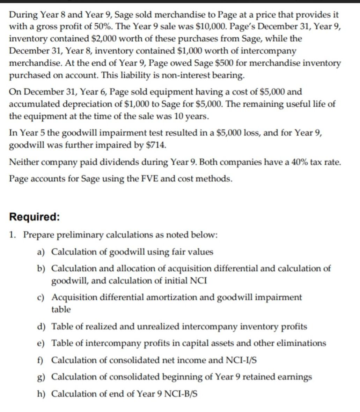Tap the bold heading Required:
pos(34,217)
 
